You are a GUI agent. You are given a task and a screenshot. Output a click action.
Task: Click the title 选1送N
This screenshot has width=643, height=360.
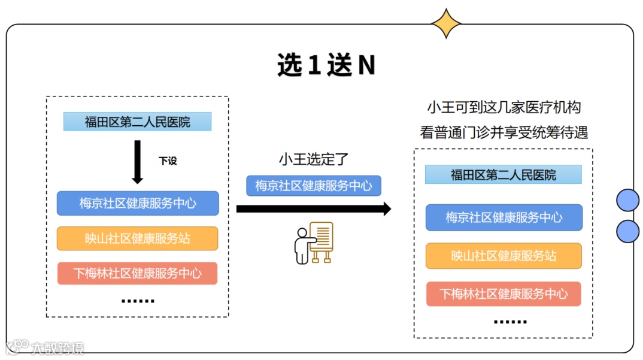tap(326, 65)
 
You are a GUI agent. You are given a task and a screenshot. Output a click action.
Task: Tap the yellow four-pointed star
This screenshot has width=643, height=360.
tap(446, 24)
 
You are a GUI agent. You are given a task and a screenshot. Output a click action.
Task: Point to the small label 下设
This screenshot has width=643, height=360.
tap(168, 161)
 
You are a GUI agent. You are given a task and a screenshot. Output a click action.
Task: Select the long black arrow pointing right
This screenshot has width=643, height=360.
tap(313, 209)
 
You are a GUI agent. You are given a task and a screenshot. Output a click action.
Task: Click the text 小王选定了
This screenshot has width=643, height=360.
tap(313, 159)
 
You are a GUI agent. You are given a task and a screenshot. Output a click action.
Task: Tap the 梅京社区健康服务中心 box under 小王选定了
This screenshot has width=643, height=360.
tap(314, 186)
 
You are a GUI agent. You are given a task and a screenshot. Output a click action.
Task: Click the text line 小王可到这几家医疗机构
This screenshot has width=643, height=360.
tap(504, 108)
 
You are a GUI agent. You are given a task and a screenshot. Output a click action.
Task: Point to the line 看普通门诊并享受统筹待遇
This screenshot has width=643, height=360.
tap(504, 132)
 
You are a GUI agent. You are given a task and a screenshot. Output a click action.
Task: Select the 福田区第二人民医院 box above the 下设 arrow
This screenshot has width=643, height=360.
tap(138, 122)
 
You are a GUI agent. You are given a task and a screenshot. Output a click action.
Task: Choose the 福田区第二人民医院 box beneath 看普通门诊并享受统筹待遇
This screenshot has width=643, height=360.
tap(504, 175)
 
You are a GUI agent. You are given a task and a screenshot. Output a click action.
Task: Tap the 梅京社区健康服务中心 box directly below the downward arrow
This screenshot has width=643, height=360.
tap(138, 203)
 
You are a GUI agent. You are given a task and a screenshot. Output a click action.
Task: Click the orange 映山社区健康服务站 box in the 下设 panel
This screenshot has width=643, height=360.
tap(138, 238)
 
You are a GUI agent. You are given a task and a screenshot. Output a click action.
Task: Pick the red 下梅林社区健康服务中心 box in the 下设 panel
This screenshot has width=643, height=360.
tap(138, 273)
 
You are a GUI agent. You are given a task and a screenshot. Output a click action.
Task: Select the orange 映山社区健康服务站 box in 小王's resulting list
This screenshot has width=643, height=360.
tap(504, 256)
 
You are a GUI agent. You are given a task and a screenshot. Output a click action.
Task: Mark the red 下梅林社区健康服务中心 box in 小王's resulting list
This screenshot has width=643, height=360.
tap(504, 294)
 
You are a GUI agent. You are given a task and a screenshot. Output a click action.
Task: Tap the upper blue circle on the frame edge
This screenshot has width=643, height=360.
tap(627, 200)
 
